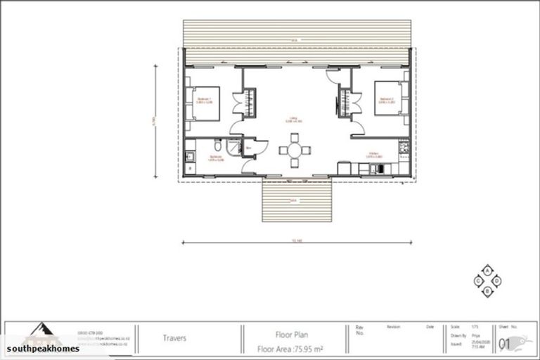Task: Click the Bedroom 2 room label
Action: point(387,100)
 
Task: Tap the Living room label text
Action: point(293,120)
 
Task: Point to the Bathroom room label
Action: point(205,160)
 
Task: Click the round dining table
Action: point(293,150)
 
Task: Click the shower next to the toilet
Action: point(235,148)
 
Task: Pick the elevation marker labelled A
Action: point(487,270)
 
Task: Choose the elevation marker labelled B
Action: point(487,290)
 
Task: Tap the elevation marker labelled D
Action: point(497,280)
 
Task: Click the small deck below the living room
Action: point(296,200)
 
